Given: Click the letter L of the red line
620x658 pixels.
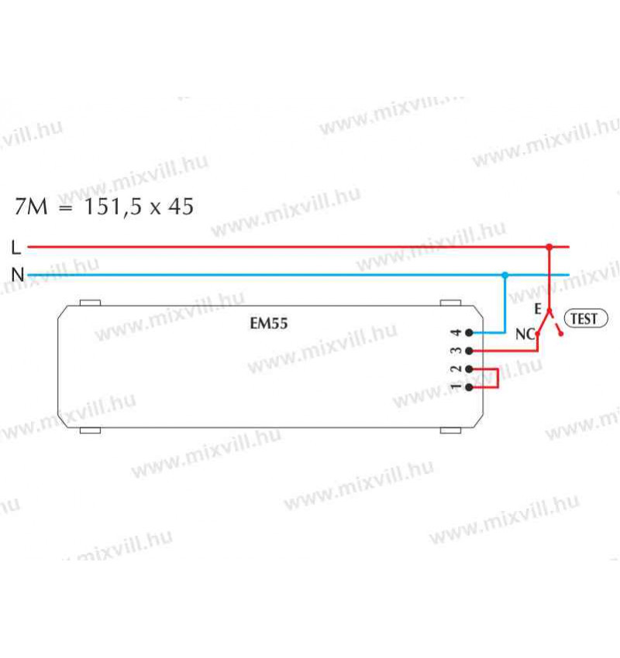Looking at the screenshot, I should point(16,247).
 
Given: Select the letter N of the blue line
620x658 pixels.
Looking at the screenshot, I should point(17,274).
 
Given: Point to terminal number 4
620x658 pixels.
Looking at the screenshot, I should point(456,333).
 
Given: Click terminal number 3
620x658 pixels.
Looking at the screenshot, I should point(456,351).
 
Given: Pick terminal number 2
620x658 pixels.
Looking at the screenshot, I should point(456,368).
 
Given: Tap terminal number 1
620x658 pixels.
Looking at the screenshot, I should point(456,386).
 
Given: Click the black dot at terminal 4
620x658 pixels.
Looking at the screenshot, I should point(470,333).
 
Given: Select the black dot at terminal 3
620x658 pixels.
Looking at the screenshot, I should point(470,351).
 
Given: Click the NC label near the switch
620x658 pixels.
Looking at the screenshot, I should point(525,335).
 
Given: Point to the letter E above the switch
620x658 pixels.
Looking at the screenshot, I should point(538,308).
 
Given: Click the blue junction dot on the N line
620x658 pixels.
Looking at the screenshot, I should point(505,275).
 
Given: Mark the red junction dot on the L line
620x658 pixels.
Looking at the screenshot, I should point(549,248).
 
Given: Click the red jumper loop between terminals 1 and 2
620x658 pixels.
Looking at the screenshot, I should point(497,378).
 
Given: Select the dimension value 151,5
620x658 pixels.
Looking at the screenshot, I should point(115,207).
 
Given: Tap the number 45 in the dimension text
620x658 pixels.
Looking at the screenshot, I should point(180,207).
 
